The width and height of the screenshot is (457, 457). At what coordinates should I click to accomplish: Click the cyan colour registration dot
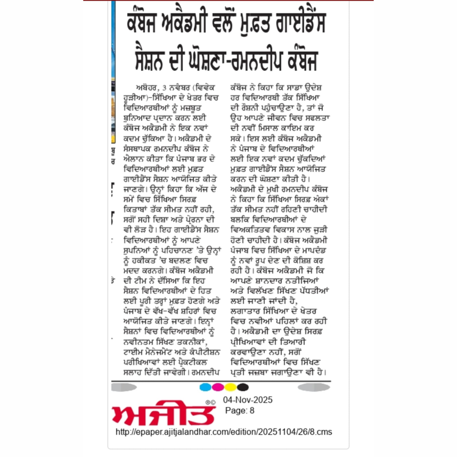click(205, 387)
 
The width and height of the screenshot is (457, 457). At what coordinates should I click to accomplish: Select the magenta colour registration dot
click(217, 387)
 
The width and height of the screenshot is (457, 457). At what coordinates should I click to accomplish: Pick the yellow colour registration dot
click(230, 387)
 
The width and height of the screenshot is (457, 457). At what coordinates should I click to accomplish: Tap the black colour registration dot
click(242, 387)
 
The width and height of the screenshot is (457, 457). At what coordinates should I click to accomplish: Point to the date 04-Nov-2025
click(248, 400)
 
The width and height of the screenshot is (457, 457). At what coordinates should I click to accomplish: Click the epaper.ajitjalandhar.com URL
click(223, 432)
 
